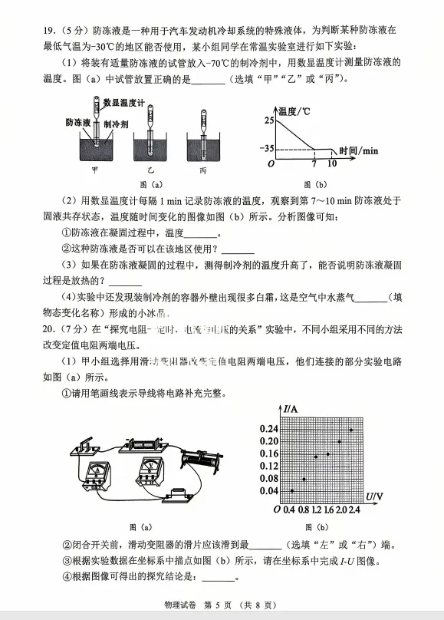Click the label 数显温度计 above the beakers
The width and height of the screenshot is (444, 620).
point(124,101)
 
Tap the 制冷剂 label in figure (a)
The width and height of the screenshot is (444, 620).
point(117,123)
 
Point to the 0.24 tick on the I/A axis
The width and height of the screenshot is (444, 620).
point(268,427)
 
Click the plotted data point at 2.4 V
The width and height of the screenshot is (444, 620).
point(351,430)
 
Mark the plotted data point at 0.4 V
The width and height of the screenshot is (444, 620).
point(292,490)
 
